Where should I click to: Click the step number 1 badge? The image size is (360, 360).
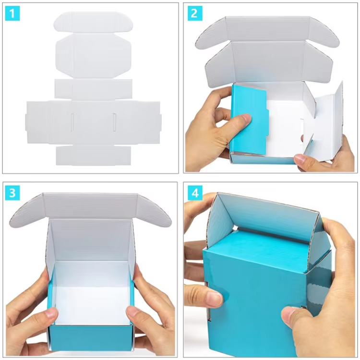point(12,13)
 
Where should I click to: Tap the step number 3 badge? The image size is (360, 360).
point(12,193)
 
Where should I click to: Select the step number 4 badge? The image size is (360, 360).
point(195,193)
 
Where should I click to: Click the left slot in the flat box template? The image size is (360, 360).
point(72,122)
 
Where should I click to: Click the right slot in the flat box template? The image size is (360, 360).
point(114,122)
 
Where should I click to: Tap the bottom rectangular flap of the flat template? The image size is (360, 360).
point(94,155)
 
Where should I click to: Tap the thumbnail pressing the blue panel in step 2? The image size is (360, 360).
point(246,119)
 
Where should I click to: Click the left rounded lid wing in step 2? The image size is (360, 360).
point(211,33)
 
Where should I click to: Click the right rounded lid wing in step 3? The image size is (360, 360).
point(154,211)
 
